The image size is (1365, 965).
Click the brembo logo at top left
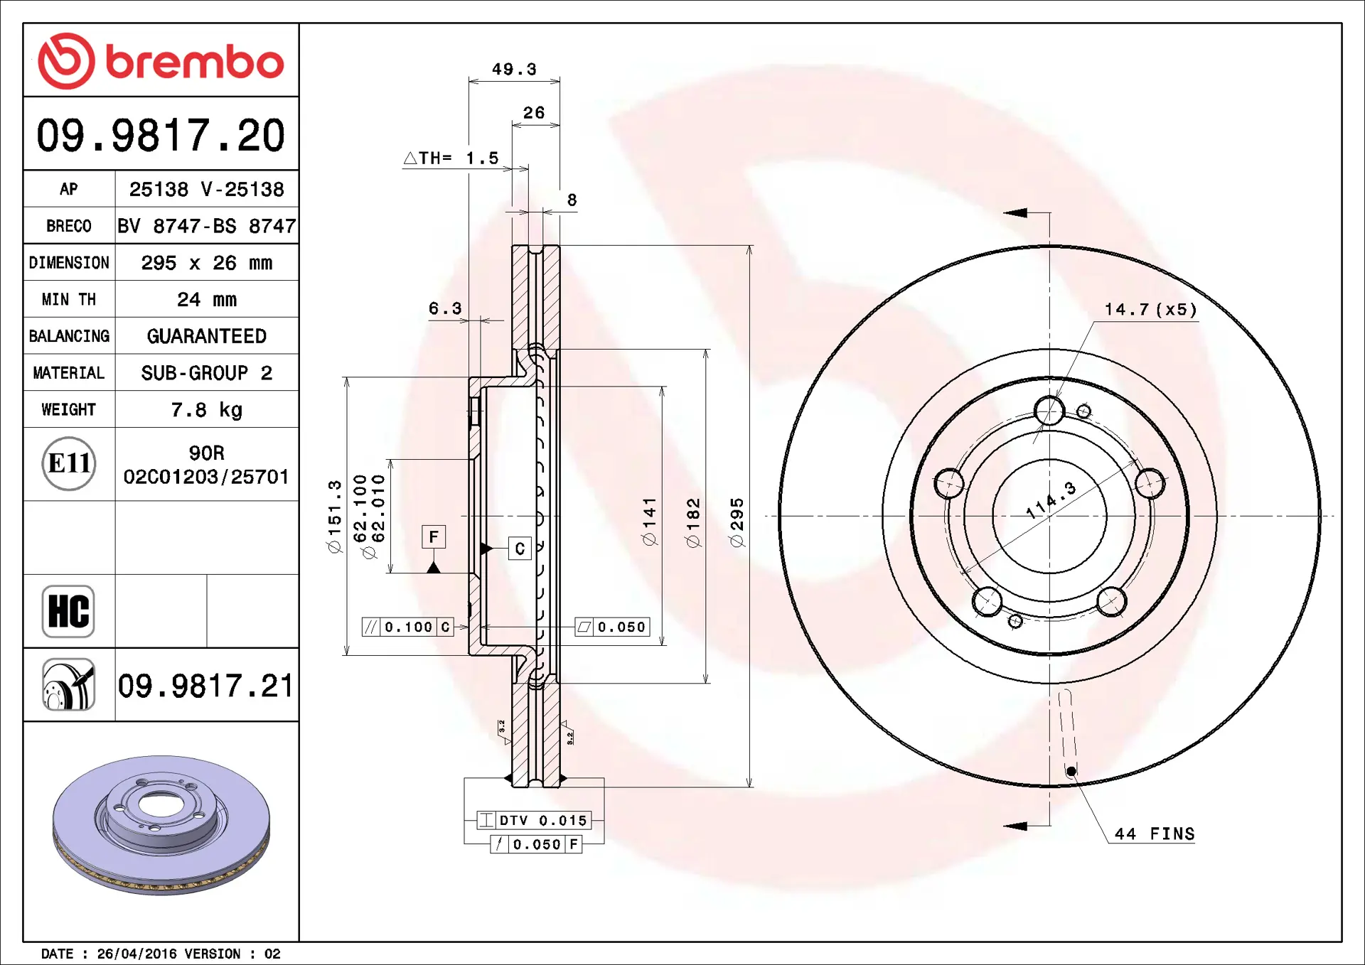tap(161, 61)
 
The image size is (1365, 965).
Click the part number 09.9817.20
tap(161, 135)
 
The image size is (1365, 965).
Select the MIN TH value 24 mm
tap(207, 299)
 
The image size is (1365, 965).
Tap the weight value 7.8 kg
tap(207, 410)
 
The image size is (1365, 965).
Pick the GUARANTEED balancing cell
tap(207, 336)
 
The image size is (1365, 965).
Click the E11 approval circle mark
tap(69, 464)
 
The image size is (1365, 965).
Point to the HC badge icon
tap(68, 611)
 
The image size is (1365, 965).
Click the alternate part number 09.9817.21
tap(205, 686)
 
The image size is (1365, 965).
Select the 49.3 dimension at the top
tap(514, 69)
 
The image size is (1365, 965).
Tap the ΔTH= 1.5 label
tap(451, 158)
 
